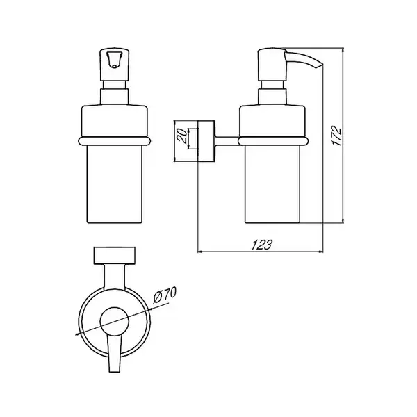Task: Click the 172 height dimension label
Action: [337, 136]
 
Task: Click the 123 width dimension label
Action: [262, 245]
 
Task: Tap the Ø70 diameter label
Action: [165, 295]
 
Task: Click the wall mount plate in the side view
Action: [206, 141]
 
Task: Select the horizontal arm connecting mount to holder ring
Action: [227, 140]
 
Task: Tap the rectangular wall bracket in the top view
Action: [115, 256]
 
